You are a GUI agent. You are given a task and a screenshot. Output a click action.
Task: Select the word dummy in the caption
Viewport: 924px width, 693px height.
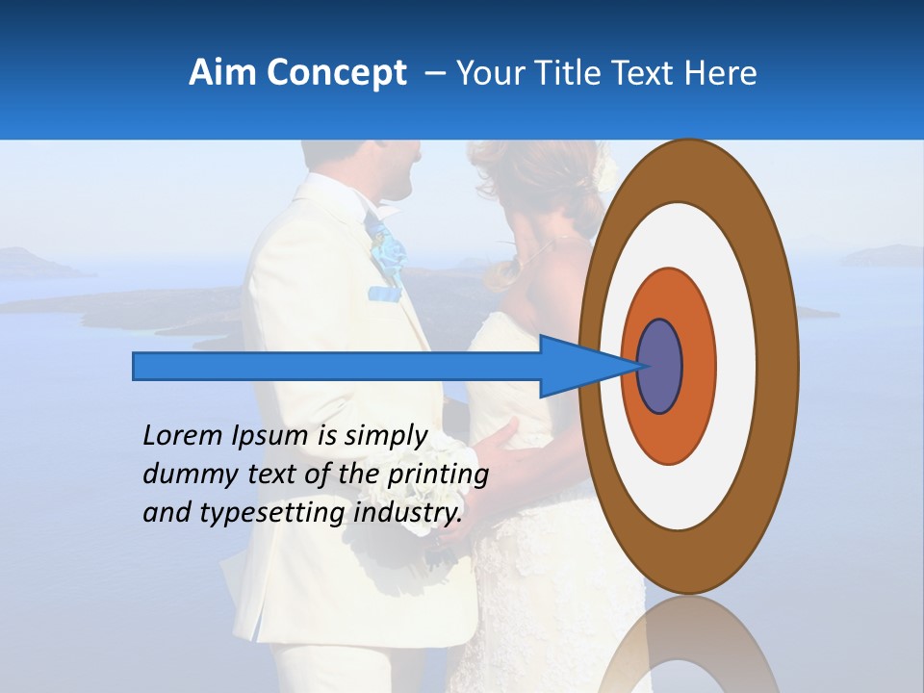coord(183,475)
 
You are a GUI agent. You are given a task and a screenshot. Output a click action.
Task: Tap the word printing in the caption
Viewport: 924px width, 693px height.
coord(438,475)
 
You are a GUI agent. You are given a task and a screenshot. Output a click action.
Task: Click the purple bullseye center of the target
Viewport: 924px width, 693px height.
coord(660,366)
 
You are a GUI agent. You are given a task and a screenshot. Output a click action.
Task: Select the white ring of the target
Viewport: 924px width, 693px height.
coord(736,366)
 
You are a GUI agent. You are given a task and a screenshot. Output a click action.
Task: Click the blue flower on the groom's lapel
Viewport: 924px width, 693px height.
coord(389,251)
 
